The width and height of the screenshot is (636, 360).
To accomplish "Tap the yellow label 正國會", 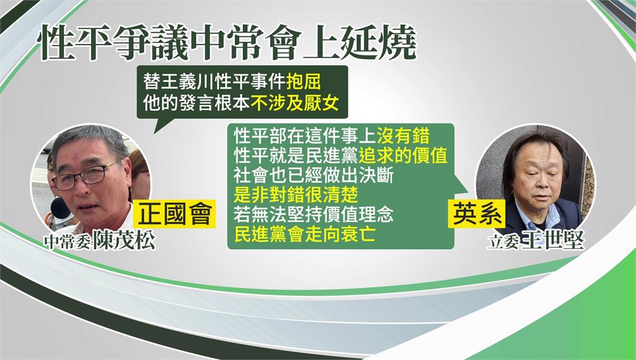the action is (175, 214).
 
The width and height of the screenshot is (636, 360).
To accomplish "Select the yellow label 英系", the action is (476, 214).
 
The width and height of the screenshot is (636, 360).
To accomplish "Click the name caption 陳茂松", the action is (124, 241).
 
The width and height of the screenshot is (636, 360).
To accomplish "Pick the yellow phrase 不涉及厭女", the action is (294, 104).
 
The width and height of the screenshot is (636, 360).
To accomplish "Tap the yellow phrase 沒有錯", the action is (403, 136).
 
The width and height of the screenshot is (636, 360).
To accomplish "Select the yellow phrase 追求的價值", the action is (403, 156).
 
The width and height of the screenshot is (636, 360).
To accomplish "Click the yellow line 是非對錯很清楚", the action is (296, 196).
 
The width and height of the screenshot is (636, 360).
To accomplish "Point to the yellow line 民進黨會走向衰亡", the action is (304, 235).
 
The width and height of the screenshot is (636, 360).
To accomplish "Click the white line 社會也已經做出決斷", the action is (314, 176).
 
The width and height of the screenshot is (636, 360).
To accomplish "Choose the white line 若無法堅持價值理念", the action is (314, 215).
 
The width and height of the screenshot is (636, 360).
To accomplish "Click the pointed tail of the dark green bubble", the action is (155, 132).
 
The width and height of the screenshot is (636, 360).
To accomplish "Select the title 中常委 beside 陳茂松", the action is (68, 243).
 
